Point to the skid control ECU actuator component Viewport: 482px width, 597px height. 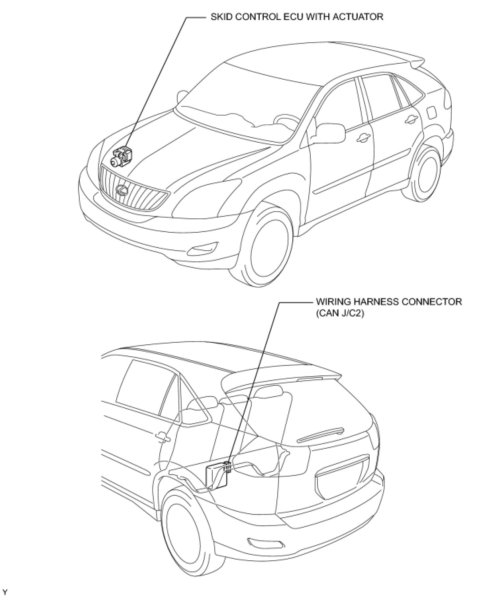pos(122,156)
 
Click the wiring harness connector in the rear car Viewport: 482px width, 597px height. pos(227,466)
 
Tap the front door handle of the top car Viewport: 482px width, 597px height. pos(363,138)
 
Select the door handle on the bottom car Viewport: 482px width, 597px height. pos(162,437)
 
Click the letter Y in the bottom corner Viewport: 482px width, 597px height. pos(4,591)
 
